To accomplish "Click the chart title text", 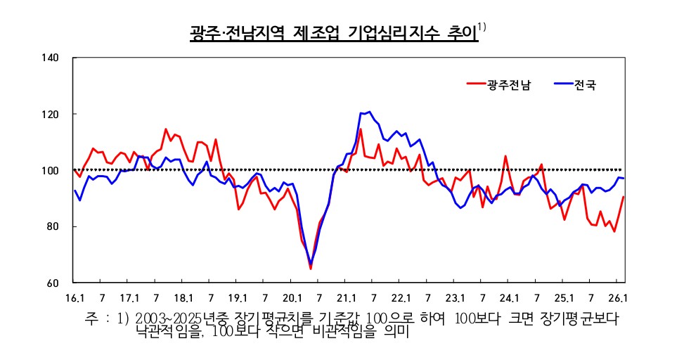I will (334, 33).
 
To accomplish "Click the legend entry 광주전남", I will (509, 85).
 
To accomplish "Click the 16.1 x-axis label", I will (75, 297).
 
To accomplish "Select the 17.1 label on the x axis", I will (129, 297).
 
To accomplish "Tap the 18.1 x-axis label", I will (183, 297).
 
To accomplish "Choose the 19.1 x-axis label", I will (238, 297).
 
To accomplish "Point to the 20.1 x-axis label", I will (292, 297).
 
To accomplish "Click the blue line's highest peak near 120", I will (370, 112).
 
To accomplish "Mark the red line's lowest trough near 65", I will (310, 269).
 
